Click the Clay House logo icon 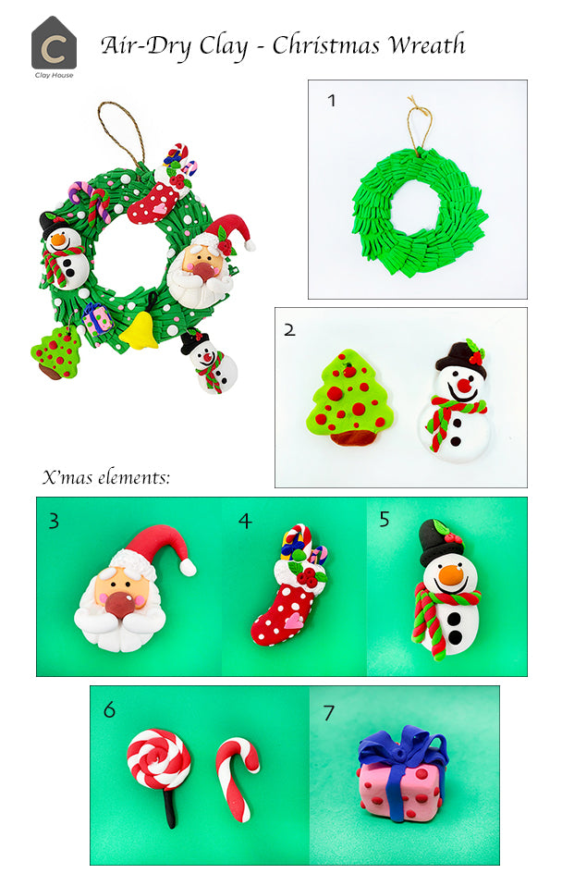54,43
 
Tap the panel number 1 331,100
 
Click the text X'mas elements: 107,478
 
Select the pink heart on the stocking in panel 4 294,621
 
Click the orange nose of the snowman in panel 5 450,576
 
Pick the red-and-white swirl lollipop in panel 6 159,759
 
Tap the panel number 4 245,521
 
